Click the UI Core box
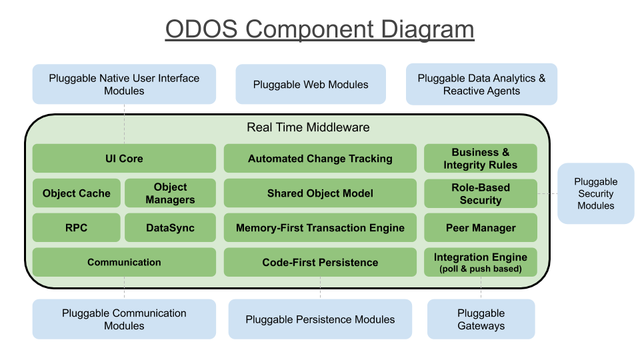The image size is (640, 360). click(124, 159)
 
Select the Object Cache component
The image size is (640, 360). click(77, 193)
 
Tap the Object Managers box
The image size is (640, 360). click(170, 193)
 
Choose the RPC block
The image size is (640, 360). click(77, 227)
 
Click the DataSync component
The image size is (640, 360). click(170, 227)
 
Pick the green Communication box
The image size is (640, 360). click(124, 262)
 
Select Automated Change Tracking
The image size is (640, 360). click(320, 159)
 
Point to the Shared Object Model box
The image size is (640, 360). click(320, 193)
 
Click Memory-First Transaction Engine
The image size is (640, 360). click(320, 227)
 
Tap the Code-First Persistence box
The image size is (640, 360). click(320, 262)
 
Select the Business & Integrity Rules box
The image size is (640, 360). click(480, 159)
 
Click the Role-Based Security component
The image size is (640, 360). click(480, 193)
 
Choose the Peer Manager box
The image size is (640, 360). click(480, 227)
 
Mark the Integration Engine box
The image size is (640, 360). click(480, 262)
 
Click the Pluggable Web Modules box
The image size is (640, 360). click(311, 85)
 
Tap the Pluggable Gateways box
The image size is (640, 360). click(481, 319)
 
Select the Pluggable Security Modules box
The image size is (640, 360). click(595, 193)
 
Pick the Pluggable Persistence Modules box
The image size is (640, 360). click(320, 319)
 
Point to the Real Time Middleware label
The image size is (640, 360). click(308, 127)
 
